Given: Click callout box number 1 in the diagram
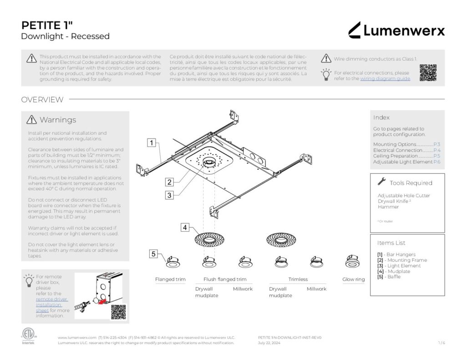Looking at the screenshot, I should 151,143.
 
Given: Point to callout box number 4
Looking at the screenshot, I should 185,228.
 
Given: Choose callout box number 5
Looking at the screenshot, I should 153,254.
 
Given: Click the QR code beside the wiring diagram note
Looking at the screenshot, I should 428,73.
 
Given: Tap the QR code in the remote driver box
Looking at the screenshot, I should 118,312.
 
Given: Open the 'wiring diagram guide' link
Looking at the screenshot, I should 385,79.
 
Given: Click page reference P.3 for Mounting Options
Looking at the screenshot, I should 436,144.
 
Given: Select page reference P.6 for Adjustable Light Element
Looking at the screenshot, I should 436,162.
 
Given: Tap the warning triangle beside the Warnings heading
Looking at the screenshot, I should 32,120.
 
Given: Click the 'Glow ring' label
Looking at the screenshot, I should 354,279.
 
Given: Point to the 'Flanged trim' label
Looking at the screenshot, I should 170,279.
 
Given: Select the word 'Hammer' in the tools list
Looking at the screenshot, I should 388,207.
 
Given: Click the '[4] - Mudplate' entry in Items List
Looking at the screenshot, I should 393,271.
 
